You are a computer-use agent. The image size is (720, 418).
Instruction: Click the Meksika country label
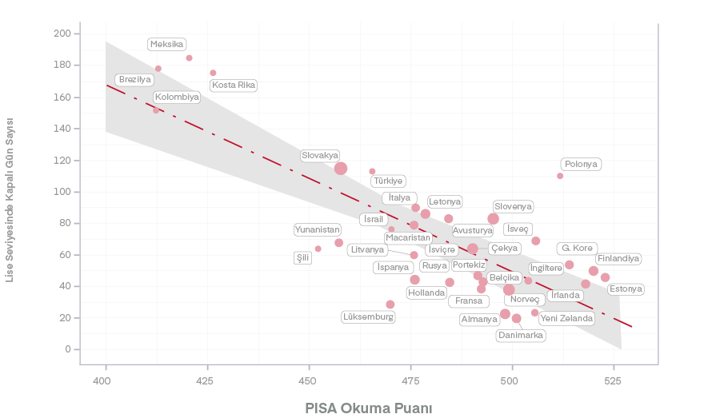[167, 44]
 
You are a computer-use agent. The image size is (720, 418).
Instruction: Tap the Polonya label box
[581, 165]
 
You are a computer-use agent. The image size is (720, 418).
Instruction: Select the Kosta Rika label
[234, 86]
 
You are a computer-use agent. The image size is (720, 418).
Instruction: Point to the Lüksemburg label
[368, 317]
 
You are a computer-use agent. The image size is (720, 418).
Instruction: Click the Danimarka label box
[521, 336]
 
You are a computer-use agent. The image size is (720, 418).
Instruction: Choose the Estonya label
[626, 289]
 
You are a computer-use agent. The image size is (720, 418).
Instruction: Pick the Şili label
[302, 257]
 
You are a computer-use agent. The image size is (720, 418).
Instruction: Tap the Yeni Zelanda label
[566, 318]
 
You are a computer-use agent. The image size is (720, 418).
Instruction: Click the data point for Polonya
[560, 176]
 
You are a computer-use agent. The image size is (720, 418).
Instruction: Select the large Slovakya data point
[341, 168]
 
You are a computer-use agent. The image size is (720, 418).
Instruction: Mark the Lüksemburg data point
[390, 305]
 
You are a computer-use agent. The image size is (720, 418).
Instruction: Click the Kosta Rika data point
[213, 73]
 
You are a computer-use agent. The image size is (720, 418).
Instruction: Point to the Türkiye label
[388, 181]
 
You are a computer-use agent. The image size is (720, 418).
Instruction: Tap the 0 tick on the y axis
[68, 349]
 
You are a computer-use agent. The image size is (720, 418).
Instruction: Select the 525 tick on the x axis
[613, 380]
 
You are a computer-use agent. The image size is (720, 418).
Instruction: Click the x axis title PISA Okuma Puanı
[369, 408]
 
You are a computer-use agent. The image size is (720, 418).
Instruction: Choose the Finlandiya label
[618, 259]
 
